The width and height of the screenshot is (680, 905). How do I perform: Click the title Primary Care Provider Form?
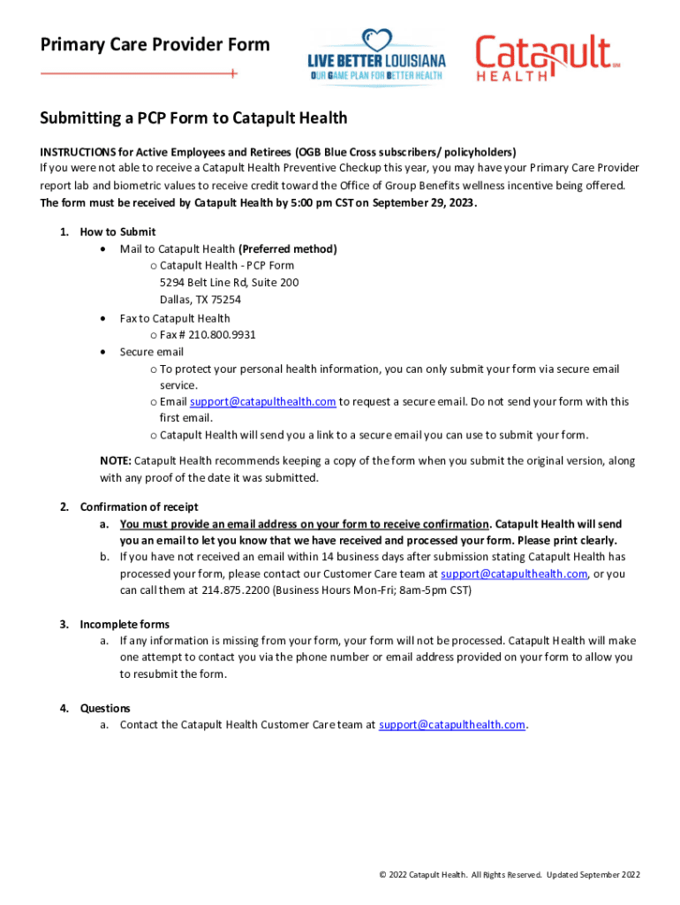tap(155, 44)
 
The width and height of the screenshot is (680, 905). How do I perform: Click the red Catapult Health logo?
tap(544, 57)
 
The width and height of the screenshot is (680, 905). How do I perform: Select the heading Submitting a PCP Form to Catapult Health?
tap(193, 118)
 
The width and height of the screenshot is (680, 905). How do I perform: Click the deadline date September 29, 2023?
tap(425, 202)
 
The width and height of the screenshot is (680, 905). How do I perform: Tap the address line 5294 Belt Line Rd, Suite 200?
tap(229, 283)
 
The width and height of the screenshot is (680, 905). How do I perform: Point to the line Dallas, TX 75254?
tap(200, 300)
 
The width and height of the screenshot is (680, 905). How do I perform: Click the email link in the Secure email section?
tap(262, 401)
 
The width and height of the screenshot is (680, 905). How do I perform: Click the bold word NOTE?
tap(116, 460)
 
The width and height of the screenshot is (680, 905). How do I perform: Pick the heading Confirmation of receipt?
tap(139, 506)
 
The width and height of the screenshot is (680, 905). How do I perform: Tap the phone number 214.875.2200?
tap(236, 589)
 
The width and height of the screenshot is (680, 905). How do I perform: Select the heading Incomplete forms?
tap(125, 624)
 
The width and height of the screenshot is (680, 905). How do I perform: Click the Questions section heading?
tap(105, 708)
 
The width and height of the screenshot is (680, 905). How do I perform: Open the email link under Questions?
tap(452, 725)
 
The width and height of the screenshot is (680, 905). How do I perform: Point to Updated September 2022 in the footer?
tap(593, 874)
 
